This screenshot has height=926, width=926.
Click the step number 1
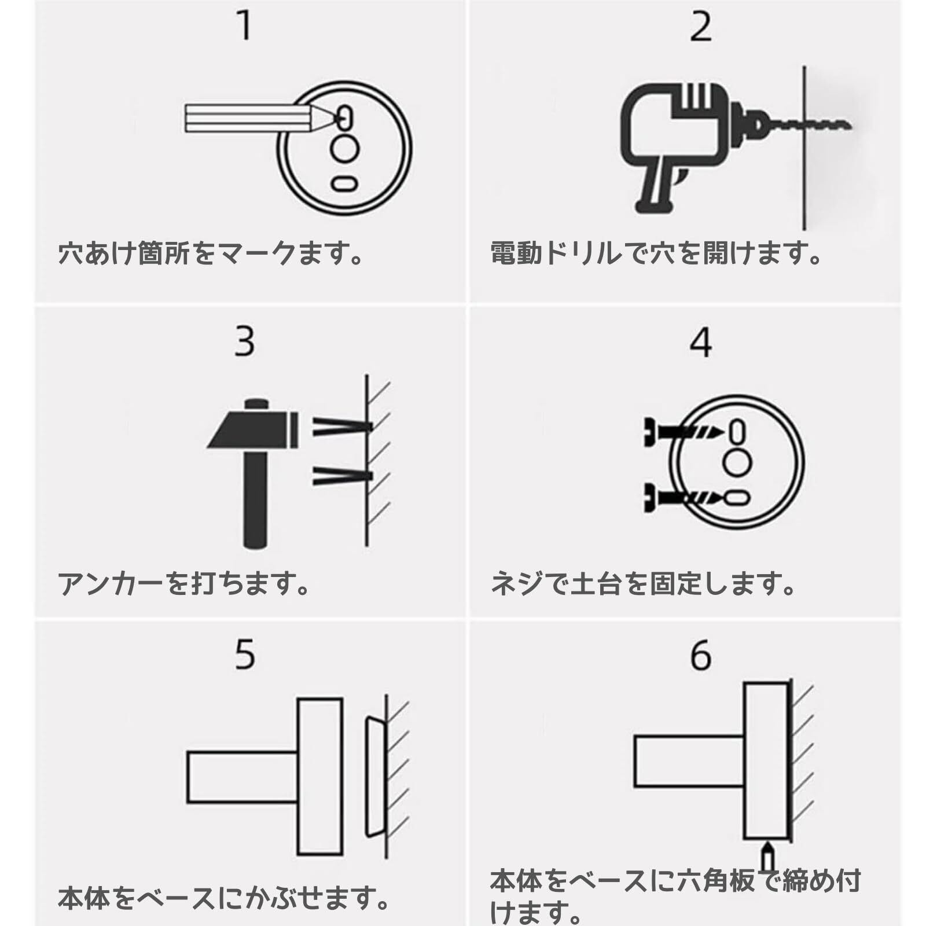[245, 26]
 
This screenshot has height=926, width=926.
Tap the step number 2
[701, 27]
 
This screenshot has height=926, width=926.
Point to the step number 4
[700, 342]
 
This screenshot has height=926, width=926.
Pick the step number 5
[245, 655]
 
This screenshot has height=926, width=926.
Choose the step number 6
[701, 656]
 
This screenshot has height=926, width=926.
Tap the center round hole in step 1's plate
[344, 149]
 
